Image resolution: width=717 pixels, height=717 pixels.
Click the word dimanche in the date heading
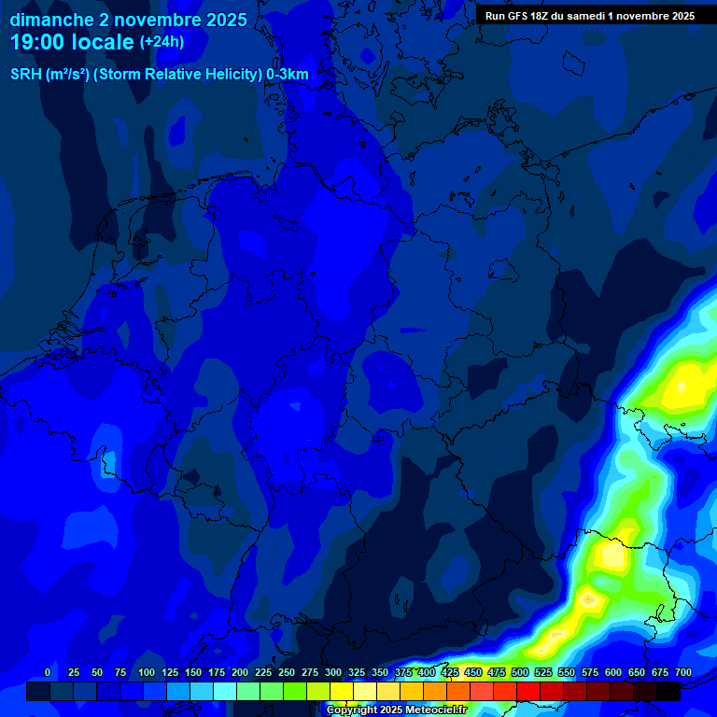49,20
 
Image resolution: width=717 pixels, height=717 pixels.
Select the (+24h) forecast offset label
162,42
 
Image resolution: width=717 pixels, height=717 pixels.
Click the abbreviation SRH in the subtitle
26,75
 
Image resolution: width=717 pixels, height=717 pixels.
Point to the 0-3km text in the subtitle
288,75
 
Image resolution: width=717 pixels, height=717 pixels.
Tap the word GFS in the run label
518,16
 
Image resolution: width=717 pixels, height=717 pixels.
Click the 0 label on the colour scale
48,672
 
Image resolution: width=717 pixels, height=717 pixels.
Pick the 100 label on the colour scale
147,672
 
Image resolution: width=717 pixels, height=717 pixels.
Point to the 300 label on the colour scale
333,672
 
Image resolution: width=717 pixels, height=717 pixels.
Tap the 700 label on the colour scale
683,672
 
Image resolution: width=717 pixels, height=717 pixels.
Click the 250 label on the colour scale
287,672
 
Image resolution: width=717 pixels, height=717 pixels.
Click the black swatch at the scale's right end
668,692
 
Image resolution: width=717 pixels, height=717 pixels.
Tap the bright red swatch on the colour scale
528,692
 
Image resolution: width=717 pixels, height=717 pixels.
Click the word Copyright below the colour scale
354,710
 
